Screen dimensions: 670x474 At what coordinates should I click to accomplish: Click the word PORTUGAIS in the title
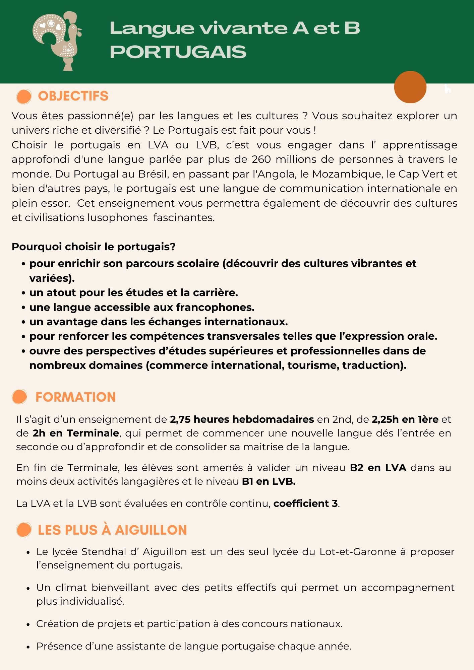tap(178, 52)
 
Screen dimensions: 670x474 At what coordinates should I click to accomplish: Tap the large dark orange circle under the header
tap(410, 87)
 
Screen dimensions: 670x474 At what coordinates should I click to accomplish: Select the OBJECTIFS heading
tap(73, 96)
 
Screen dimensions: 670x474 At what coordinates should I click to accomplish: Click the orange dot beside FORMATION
tap(19, 397)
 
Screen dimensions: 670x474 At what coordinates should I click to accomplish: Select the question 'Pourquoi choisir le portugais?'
tap(94, 247)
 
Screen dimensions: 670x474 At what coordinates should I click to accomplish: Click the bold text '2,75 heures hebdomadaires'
tap(242, 419)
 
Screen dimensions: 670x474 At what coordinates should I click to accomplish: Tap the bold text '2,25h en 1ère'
tap(405, 419)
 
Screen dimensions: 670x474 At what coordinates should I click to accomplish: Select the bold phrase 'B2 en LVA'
tap(378, 467)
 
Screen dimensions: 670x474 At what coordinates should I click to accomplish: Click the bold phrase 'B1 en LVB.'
tap(269, 481)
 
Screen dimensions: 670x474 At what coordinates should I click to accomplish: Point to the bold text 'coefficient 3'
tap(305, 503)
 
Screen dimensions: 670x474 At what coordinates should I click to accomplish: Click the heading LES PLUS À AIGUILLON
tap(112, 530)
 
